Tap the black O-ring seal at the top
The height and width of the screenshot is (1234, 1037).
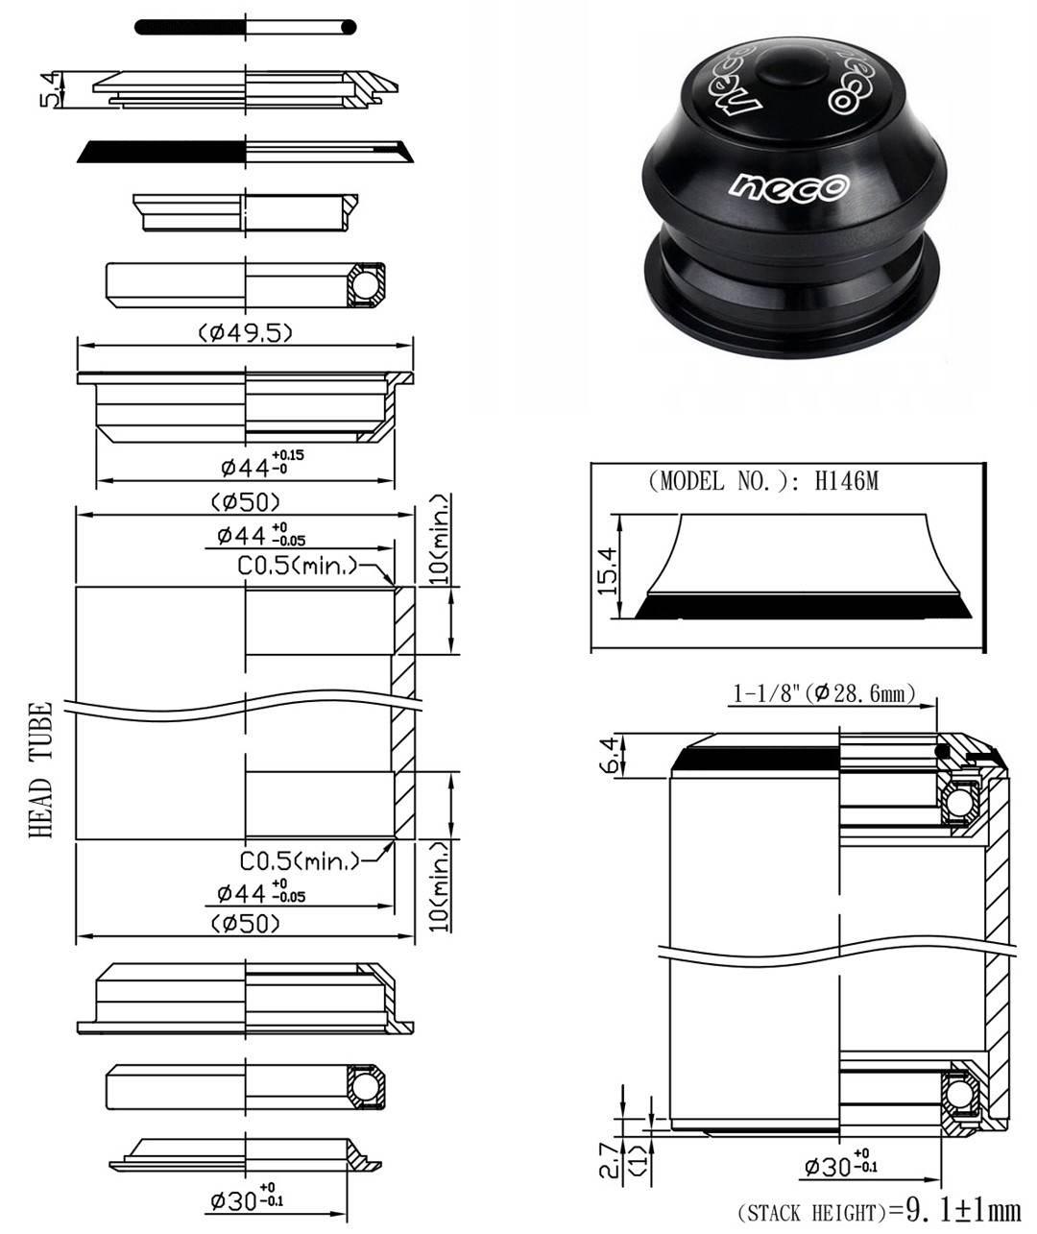192,27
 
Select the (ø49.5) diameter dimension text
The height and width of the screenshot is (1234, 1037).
246,332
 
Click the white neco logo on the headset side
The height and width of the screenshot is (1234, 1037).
787,184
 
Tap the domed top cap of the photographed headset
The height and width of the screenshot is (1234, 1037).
789,69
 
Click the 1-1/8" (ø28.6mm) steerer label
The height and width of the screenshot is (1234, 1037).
824,692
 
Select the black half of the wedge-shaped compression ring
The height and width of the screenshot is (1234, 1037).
163,152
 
